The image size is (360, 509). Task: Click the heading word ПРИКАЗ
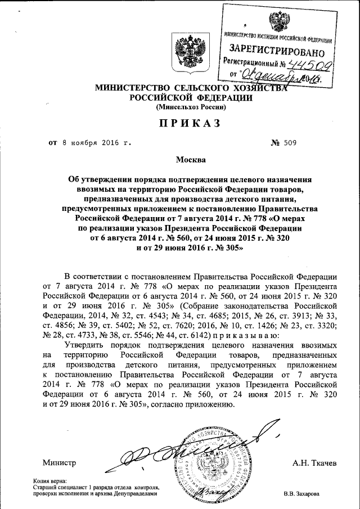pyautogui.click(x=180, y=123)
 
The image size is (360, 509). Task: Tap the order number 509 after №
pyautogui.click(x=287, y=142)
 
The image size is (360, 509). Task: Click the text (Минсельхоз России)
pyautogui.click(x=180, y=106)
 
